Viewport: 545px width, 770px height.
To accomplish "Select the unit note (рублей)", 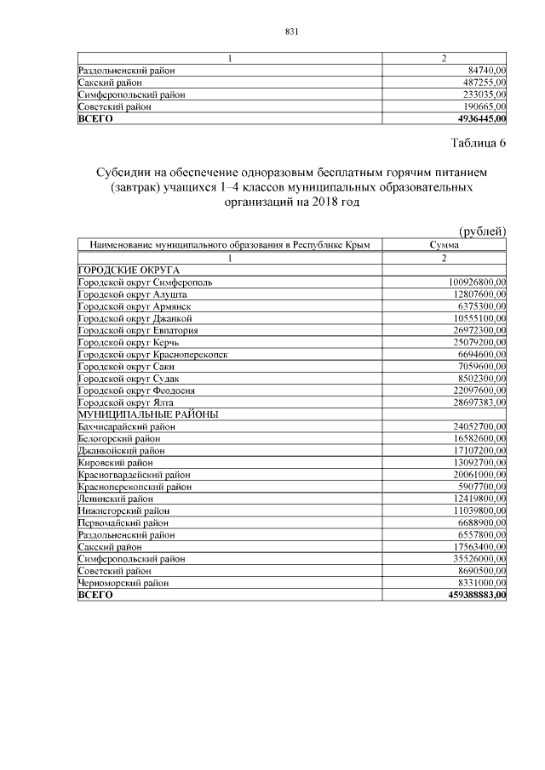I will pos(482,231).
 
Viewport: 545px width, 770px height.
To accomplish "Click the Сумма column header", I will pos(445,245).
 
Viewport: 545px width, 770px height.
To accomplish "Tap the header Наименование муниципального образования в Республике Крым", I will pos(229,245).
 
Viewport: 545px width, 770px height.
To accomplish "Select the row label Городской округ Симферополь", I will pos(152,282).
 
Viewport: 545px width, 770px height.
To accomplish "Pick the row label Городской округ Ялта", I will pos(131,402).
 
